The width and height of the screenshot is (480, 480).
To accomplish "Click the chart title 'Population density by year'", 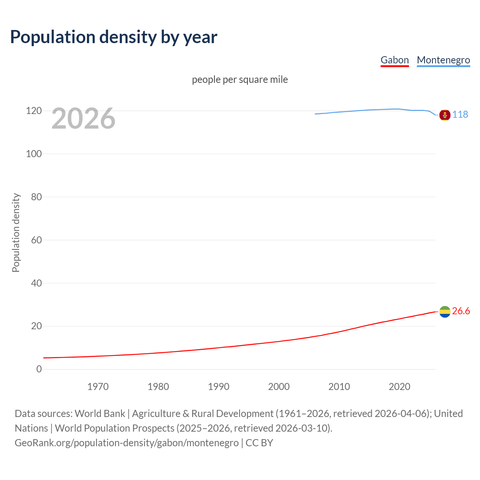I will [114, 37].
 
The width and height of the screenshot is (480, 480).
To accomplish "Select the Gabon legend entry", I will [394, 60].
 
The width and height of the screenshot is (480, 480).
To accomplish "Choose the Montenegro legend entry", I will [443, 60].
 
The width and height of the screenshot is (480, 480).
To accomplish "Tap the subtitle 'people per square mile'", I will [240, 79].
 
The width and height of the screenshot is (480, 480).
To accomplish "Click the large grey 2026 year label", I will [83, 118].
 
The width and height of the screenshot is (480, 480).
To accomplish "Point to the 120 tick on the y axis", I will [34, 111].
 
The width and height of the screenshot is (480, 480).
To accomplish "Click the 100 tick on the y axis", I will [34, 154].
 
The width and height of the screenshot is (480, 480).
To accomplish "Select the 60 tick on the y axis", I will [36, 240].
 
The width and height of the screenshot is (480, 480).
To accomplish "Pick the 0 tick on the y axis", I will [39, 369].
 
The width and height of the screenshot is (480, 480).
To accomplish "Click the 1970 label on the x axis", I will [98, 387].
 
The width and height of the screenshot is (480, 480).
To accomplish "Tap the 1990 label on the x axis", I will [219, 387].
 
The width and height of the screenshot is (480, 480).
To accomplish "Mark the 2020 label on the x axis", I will [399, 387].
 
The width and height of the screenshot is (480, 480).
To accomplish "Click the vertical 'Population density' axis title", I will [16, 232].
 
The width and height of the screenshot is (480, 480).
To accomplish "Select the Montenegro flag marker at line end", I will [445, 115].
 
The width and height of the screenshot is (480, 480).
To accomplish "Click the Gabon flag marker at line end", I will [445, 312].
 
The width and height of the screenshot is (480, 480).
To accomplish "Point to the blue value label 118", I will [460, 114].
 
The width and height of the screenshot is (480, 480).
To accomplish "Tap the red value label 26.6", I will [461, 311].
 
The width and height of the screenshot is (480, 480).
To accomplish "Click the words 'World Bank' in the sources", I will [100, 414].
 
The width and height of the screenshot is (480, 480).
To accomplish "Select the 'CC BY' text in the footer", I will [259, 443].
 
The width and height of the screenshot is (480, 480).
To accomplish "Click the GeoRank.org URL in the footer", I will [126, 443].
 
